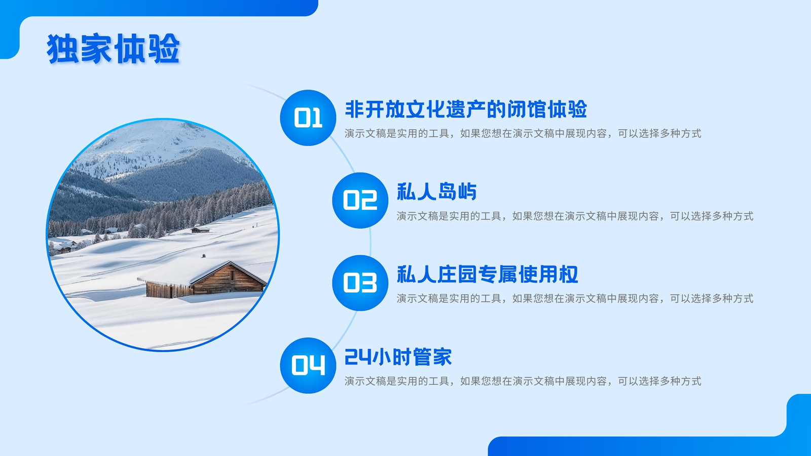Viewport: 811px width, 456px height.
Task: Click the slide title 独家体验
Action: tap(113, 49)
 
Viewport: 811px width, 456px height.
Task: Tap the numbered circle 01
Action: tap(308, 118)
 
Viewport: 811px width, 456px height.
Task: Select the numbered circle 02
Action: tap(360, 201)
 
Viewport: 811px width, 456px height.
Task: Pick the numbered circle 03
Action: tap(360, 283)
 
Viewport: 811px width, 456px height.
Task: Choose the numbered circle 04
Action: tap(308, 365)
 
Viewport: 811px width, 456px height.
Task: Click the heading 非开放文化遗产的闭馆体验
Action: tap(466, 109)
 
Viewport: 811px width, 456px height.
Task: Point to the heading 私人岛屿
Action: tap(436, 192)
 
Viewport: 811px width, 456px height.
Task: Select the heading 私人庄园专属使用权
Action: tap(487, 274)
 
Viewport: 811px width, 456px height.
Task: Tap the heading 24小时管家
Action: tap(398, 357)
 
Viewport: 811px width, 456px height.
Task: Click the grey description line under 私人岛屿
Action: tap(575, 216)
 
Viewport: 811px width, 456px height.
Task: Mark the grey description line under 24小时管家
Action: tap(523, 381)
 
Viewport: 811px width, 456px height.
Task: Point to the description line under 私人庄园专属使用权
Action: tap(575, 298)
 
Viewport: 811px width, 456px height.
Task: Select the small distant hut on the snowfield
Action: tap(200, 229)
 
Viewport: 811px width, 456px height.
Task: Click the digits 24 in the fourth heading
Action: tap(358, 357)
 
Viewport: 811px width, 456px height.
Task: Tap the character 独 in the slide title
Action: tap(62, 49)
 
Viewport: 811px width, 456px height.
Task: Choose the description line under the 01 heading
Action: tap(523, 134)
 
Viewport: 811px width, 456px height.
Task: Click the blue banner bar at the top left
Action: tap(159, 8)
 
